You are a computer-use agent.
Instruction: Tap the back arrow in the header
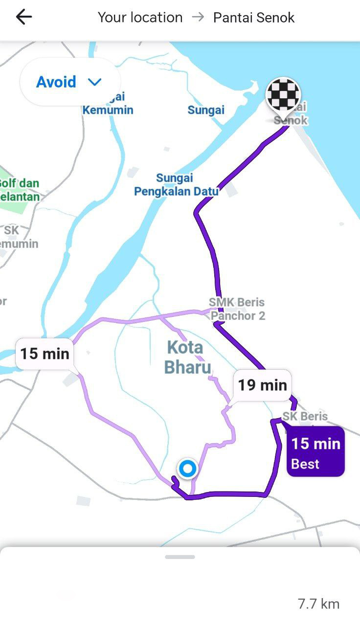point(23,18)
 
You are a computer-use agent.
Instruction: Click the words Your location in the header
point(140,18)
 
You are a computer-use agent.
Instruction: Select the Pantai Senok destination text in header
point(254,18)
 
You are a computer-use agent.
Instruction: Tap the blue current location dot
point(187,469)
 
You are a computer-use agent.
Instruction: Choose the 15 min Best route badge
point(315,451)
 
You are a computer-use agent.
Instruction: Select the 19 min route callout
point(262,385)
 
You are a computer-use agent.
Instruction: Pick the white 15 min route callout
point(45,353)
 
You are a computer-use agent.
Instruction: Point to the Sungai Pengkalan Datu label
point(176,185)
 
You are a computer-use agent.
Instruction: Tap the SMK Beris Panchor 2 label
point(237,309)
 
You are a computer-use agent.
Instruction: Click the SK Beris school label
point(305,416)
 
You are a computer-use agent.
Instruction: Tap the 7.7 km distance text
point(318,604)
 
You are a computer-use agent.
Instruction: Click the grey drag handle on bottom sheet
point(180,557)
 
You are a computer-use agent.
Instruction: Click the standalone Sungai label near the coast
point(206,110)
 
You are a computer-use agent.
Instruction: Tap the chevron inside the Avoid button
point(94,82)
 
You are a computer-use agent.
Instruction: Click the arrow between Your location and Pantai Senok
point(198,18)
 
